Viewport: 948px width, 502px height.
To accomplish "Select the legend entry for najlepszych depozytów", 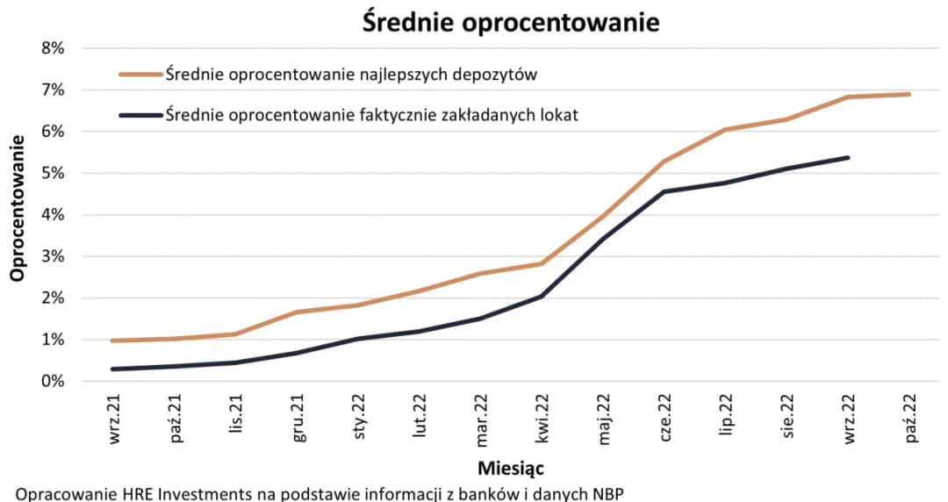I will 350,75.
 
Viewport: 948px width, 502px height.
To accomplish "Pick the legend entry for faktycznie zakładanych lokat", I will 371,115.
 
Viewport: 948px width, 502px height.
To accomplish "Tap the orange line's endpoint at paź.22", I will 908,94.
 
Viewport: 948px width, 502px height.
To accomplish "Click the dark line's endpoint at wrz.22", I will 848,157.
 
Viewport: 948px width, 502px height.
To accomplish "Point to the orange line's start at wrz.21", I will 113,341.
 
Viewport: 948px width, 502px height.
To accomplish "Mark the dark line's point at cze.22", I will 664,191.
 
